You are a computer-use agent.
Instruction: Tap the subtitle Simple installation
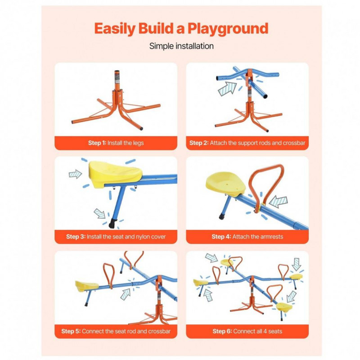pos(181,46)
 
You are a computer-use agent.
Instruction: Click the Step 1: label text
pos(97,143)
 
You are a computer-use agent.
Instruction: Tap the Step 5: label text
pos(71,331)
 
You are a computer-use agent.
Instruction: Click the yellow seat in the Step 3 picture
pos(115,174)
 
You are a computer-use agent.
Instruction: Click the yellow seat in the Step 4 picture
pos(225,184)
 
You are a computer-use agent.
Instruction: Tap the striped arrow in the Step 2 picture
pos(227,89)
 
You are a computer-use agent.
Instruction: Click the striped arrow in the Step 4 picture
pos(279,202)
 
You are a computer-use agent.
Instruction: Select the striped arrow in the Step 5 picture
pos(126,294)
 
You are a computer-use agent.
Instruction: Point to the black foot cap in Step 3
pos(112,224)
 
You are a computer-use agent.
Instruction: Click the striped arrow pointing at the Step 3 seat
pos(75,174)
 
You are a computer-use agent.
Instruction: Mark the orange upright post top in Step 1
pos(117,72)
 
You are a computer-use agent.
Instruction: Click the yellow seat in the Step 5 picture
pos(86,286)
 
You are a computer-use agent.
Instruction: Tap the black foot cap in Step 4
pos(222,216)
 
